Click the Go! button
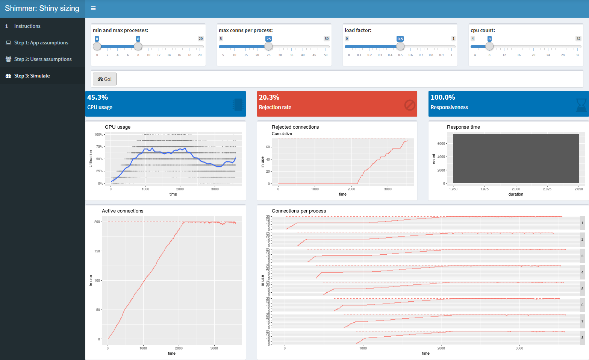coord(104,79)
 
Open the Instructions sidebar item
coord(27,26)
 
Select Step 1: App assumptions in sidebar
coord(41,43)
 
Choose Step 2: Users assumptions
coord(42,59)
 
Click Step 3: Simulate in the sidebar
coord(32,76)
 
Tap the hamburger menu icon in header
coord(93,8)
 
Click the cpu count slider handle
coord(489,46)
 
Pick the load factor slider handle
coord(400,46)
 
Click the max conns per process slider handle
coord(268,46)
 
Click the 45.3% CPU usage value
coord(98,97)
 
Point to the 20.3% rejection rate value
coord(269,97)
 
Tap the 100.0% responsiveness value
coord(443,97)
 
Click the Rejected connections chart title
coord(295,127)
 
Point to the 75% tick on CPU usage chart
coord(99,147)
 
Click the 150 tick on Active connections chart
coord(97,251)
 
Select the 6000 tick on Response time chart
coord(441,143)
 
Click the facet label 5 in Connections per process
coord(582,289)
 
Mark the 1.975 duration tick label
coord(485,189)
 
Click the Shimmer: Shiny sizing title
coord(42,8)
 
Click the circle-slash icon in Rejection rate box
coord(410,105)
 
